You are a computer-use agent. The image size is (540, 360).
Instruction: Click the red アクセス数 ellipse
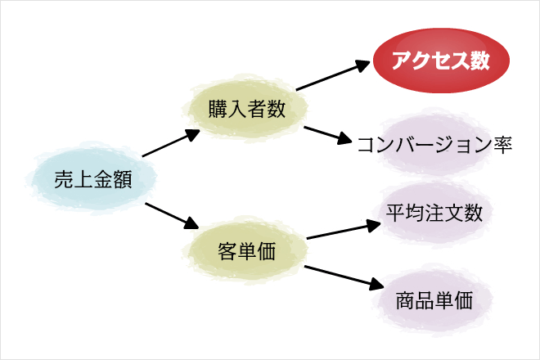click(441, 61)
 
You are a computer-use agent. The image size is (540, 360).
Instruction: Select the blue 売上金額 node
click(92, 179)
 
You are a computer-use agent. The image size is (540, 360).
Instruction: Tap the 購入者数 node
click(246, 109)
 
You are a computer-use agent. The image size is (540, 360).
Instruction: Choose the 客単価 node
click(246, 250)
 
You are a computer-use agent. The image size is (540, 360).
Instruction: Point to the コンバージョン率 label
click(434, 144)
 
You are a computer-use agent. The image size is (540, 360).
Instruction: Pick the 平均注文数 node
click(434, 213)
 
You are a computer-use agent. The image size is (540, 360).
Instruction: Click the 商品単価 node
click(434, 300)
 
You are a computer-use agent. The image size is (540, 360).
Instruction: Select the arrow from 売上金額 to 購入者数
click(171, 143)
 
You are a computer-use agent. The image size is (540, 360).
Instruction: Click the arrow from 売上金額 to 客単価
click(172, 216)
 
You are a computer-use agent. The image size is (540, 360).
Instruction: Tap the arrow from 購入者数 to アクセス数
click(333, 75)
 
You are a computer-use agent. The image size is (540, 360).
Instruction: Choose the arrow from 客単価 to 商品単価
click(344, 277)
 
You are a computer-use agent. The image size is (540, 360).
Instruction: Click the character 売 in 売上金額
click(64, 179)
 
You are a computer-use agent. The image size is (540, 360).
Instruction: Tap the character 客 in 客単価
click(227, 251)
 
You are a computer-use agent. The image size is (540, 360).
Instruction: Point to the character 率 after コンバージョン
click(503, 144)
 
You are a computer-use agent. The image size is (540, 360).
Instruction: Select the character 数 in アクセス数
click(480, 61)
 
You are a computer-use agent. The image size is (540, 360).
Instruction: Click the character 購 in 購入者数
click(218, 109)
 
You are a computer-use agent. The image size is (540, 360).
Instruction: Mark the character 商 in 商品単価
click(405, 300)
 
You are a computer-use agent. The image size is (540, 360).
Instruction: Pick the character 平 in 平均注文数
click(396, 213)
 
